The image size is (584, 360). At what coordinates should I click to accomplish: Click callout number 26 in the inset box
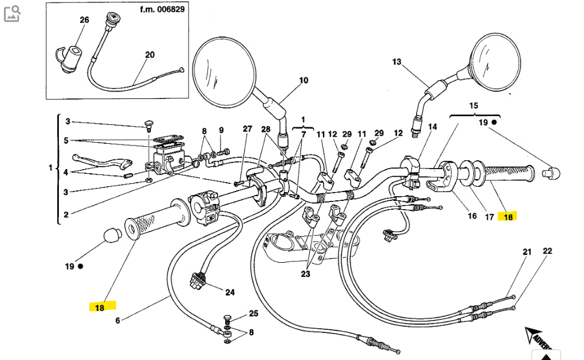coord(84,19)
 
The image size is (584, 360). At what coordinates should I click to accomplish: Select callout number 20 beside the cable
coord(150,54)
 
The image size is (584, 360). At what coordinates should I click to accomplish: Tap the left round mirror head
coord(224,65)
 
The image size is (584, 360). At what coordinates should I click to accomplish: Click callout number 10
coord(303,80)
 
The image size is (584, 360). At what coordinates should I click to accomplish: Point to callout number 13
coord(396,62)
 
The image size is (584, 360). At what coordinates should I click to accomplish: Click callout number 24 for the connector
coord(230,292)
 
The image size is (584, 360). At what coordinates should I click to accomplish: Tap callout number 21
coord(527,252)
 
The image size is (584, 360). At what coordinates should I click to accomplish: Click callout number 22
coord(547,251)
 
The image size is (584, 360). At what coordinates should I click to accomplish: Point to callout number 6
coord(117,321)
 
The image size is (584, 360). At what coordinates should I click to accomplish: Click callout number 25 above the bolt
coord(253,313)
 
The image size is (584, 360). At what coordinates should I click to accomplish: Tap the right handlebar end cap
coord(552,173)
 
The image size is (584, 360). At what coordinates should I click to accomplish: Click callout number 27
coord(247,129)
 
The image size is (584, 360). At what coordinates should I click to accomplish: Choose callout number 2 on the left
coord(66,214)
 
